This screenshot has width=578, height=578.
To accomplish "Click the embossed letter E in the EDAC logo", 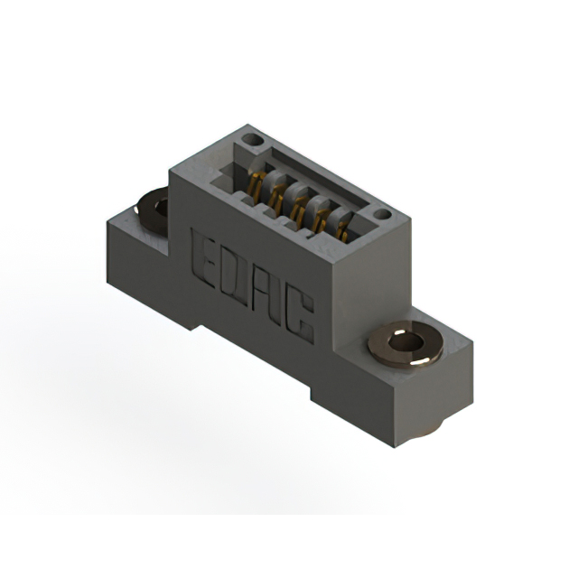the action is pos(204,258).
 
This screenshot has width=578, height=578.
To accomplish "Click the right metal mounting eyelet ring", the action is pos(406,344).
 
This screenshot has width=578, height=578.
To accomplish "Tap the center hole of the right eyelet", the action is pos(406,341).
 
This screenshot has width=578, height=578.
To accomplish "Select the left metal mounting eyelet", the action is pos(152,210).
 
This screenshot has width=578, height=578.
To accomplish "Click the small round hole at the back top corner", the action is pos(253,140).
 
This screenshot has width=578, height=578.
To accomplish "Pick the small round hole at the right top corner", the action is pos(382,214).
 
